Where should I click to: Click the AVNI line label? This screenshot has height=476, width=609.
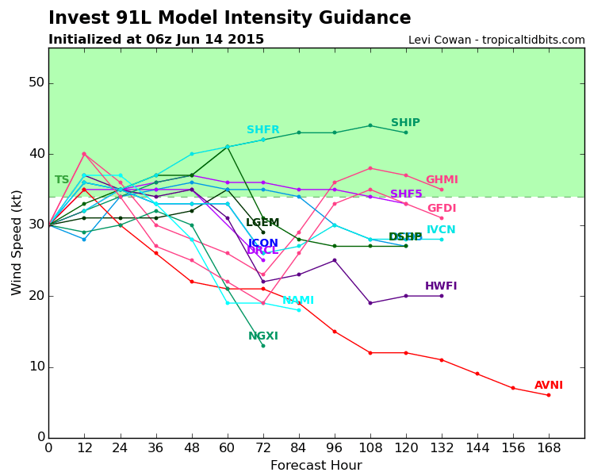click(548, 386)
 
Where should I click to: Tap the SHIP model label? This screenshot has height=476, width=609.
click(405, 123)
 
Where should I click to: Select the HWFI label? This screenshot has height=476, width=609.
click(441, 286)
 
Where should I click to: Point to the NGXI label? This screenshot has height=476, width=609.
click(263, 336)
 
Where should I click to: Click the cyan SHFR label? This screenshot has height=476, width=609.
click(263, 130)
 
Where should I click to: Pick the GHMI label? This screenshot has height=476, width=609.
click(442, 180)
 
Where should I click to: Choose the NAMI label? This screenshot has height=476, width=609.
click(298, 301)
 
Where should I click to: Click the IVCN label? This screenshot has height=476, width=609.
click(441, 230)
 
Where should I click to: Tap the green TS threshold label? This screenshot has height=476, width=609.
click(62, 180)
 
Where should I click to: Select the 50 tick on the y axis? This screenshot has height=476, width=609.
click(36, 83)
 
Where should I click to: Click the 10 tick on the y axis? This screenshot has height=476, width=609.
click(36, 367)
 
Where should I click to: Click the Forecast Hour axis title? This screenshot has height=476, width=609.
click(316, 466)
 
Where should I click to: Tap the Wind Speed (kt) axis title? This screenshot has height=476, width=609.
click(17, 242)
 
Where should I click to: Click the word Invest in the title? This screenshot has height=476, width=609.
click(76, 18)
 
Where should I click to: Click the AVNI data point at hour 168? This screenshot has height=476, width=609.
click(548, 395)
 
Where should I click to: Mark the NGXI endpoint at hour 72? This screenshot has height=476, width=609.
click(263, 346)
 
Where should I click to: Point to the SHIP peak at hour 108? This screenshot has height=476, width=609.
click(370, 125)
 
